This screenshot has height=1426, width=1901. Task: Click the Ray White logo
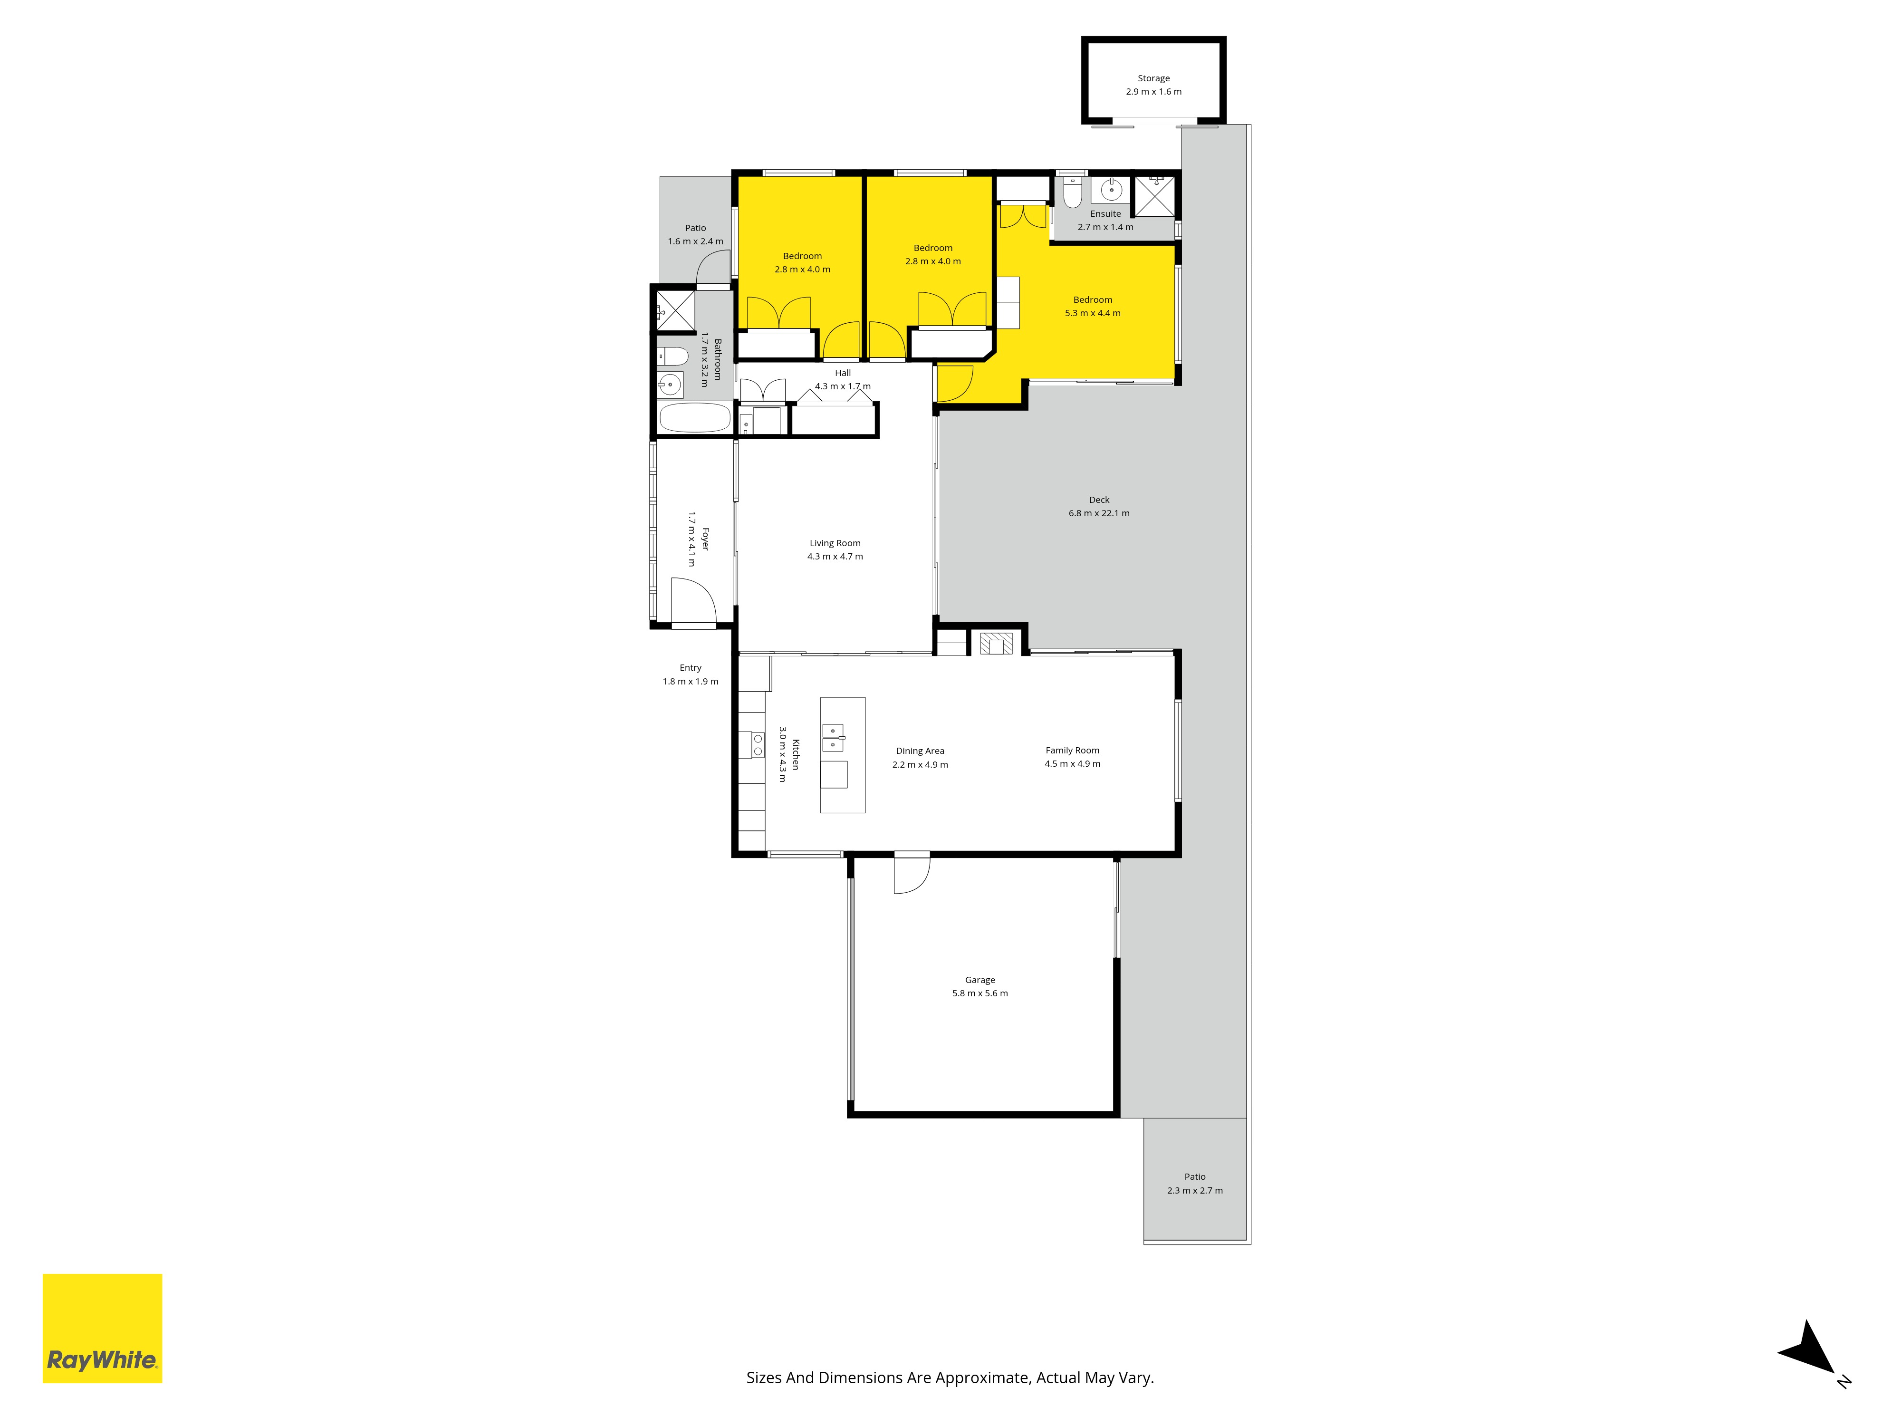tap(102, 1328)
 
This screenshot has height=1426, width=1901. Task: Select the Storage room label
tap(1153, 78)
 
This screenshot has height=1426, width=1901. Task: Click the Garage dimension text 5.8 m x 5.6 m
tap(979, 993)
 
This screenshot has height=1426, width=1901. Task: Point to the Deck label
tap(1099, 500)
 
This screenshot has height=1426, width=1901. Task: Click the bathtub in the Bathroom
tap(694, 418)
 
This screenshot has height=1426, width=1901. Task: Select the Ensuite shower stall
tap(1154, 196)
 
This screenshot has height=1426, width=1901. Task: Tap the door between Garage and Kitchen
tap(912, 872)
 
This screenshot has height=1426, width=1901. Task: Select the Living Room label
tap(835, 543)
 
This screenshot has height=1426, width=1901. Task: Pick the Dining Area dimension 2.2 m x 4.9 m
tap(920, 764)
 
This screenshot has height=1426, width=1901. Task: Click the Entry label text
tap(690, 668)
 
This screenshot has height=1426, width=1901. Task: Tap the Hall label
tap(843, 373)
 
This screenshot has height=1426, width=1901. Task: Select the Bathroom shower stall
tap(675, 310)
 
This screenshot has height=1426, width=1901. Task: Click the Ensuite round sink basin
tap(1111, 189)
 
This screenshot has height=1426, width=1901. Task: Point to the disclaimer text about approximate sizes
tap(950, 1378)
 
